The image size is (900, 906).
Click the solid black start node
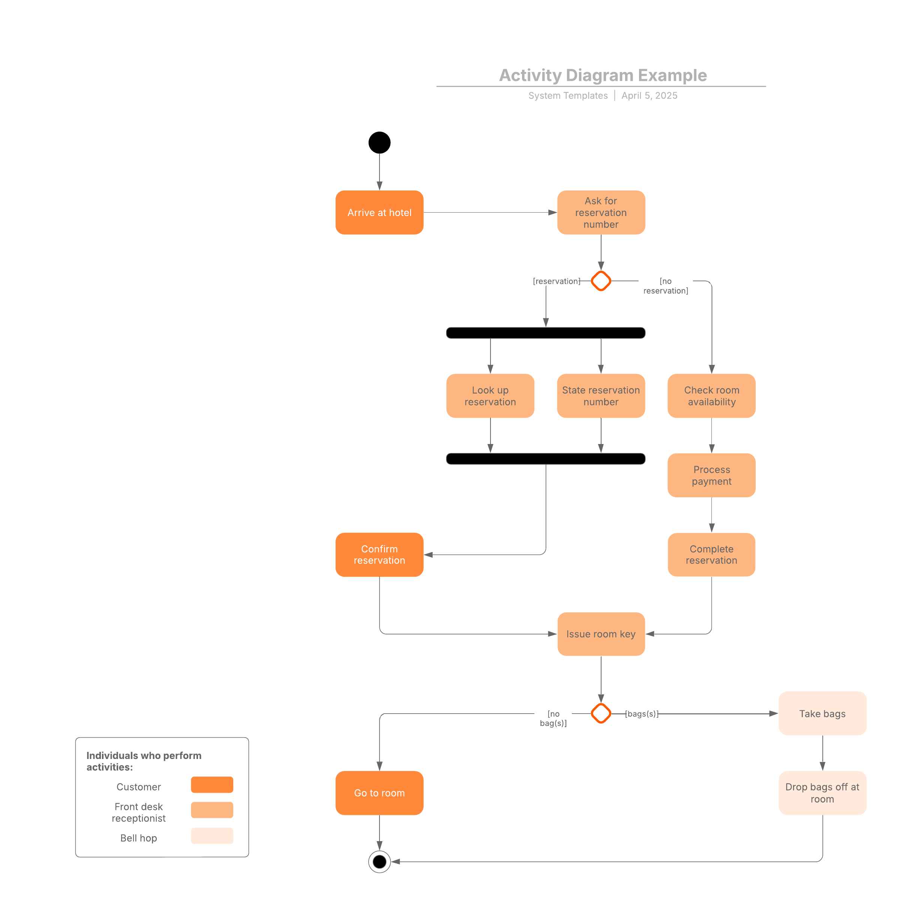click(379, 142)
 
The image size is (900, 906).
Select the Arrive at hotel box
click(379, 212)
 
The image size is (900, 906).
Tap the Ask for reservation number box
click(601, 212)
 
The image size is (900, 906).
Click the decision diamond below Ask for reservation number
click(601, 281)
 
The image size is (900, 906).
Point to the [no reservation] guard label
click(666, 286)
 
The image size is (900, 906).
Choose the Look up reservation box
click(490, 396)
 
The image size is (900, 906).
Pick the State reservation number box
click(601, 396)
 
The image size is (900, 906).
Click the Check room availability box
click(711, 396)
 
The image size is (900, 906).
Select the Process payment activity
click(711, 475)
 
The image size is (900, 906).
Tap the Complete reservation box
click(711, 555)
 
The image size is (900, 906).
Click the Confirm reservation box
click(379, 555)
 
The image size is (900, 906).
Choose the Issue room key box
click(601, 634)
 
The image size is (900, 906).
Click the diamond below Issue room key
click(601, 714)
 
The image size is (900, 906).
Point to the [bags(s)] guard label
click(642, 714)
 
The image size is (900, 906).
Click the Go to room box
click(379, 793)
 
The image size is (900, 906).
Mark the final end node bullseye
click(379, 862)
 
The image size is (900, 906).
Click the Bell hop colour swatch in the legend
click(212, 835)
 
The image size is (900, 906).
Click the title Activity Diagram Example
click(603, 75)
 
